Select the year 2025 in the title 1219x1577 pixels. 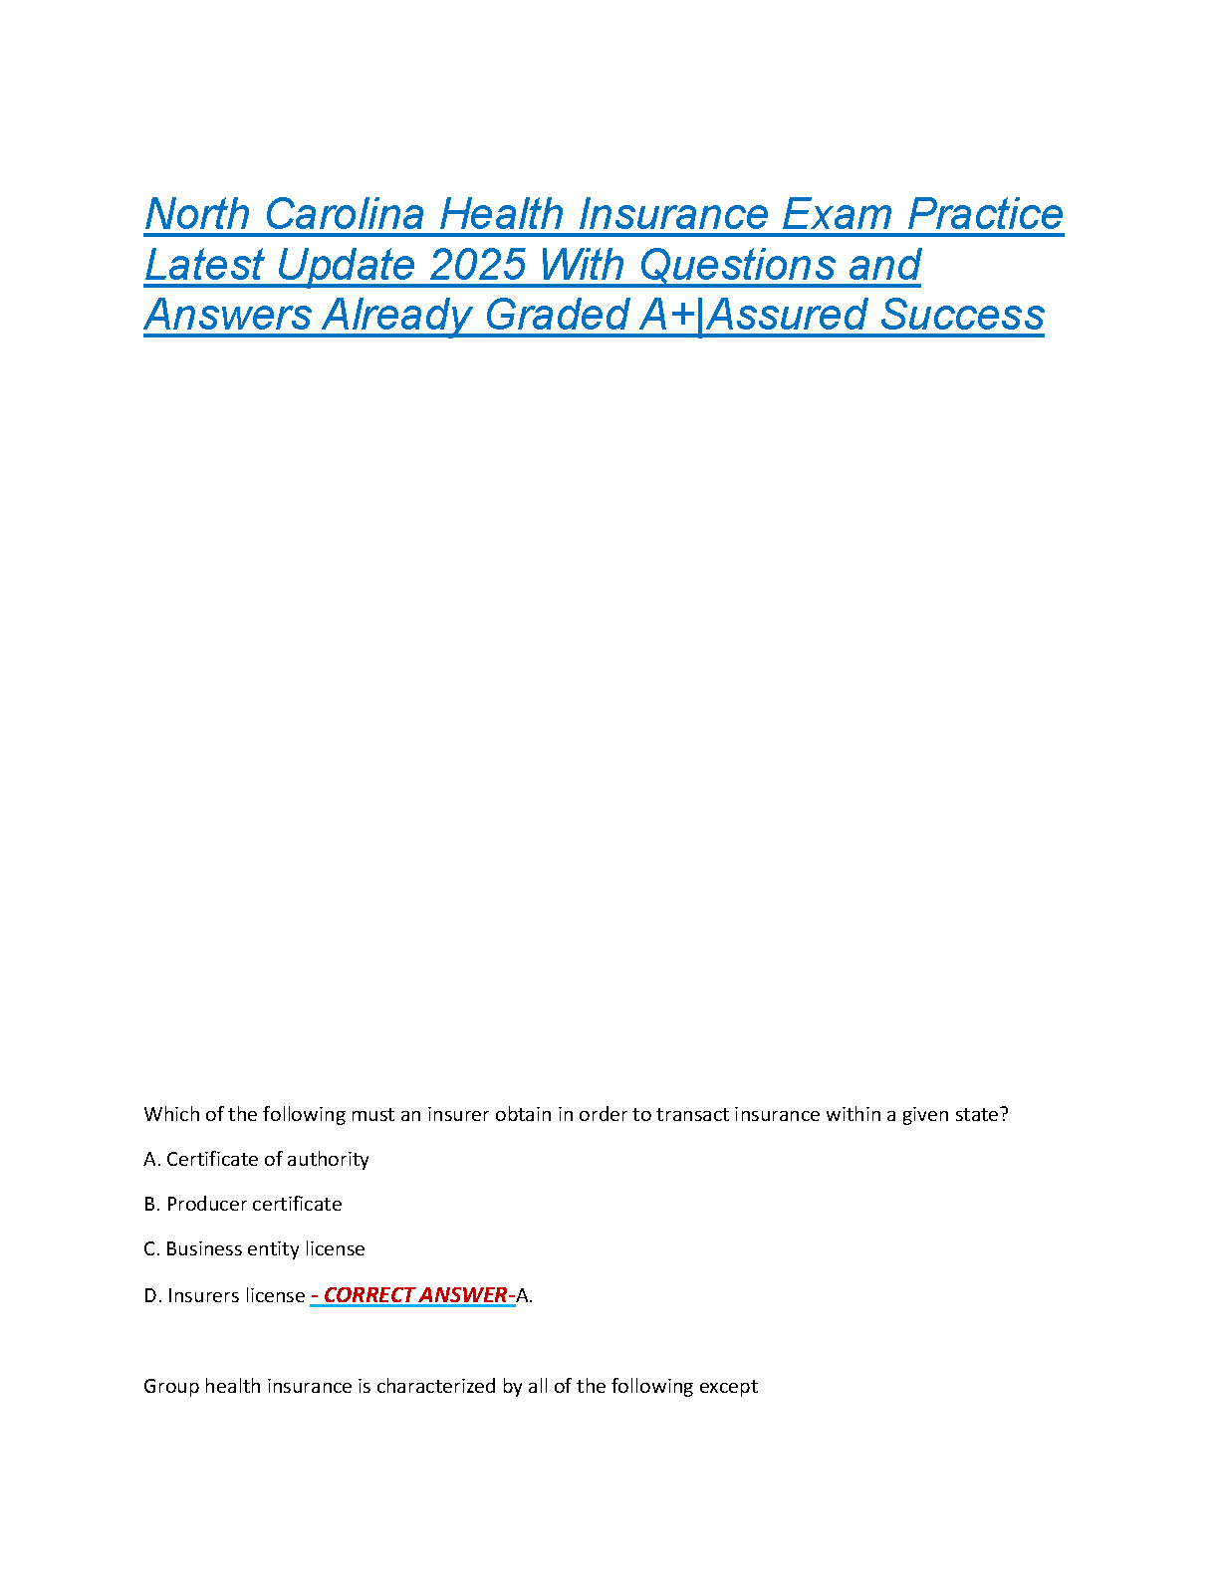(x=477, y=265)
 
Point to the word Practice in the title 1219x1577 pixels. (x=985, y=214)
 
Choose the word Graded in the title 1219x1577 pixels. (x=556, y=315)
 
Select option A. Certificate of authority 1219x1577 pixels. (x=256, y=1159)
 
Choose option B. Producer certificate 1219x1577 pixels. (x=243, y=1204)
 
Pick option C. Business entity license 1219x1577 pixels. (x=254, y=1248)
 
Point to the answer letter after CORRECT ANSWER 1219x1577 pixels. (x=524, y=1295)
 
